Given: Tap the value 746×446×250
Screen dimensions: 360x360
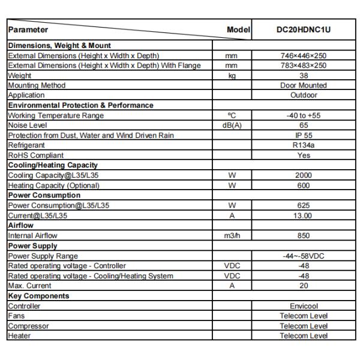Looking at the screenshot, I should [303, 56].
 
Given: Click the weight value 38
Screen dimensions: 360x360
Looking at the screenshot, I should [303, 76].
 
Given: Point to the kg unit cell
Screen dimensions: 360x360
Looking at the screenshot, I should [232, 76].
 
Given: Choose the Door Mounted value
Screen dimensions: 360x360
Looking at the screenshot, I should [303, 85].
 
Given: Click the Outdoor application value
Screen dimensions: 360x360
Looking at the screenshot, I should [303, 95].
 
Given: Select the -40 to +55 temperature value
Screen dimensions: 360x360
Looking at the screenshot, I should [303, 115].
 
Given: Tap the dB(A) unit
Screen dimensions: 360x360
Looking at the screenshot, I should [232, 125].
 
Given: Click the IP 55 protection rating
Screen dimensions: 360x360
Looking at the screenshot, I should [303, 135].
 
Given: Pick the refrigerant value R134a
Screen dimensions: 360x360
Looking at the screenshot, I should [303, 145].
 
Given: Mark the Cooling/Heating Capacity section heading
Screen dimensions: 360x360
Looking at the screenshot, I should [53, 165].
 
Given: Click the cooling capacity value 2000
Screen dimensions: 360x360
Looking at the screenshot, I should [303, 175].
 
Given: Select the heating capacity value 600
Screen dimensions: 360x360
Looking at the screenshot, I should [303, 185].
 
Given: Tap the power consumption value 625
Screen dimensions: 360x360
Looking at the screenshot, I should [303, 205].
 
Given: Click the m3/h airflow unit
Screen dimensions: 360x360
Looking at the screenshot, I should [232, 235].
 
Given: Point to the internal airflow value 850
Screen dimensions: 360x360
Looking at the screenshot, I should [303, 235].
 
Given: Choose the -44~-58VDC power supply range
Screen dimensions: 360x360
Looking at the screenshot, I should [303, 256].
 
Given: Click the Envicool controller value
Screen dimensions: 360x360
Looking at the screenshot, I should [303, 306].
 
